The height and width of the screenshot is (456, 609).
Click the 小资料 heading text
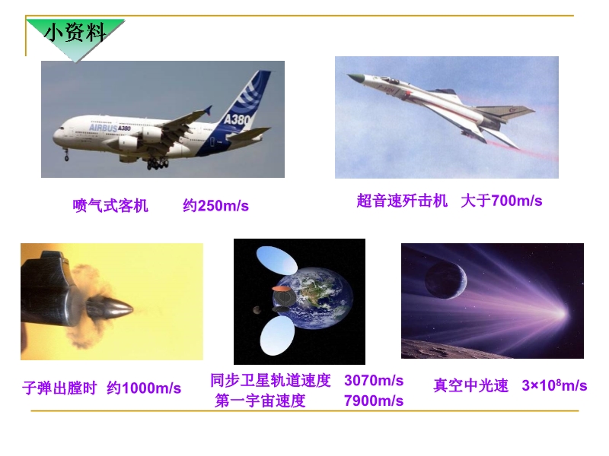[75, 32]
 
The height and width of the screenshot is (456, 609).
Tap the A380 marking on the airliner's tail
[237, 118]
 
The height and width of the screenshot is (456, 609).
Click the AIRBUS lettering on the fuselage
[103, 128]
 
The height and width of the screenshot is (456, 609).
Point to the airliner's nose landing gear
[66, 155]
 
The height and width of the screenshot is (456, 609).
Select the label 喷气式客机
[110, 205]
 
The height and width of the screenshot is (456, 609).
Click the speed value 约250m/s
[215, 205]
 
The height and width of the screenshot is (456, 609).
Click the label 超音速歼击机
[402, 201]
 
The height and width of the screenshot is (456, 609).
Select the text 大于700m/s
[502, 201]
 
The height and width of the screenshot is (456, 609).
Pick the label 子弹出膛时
[59, 388]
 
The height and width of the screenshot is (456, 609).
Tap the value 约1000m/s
[144, 388]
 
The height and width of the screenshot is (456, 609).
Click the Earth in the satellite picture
[316, 297]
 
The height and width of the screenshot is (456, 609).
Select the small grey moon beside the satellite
[257, 310]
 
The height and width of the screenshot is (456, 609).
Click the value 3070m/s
[374, 381]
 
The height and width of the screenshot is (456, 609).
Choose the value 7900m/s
[374, 401]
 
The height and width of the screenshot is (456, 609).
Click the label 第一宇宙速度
[260, 401]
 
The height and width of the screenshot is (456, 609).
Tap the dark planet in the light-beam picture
[445, 280]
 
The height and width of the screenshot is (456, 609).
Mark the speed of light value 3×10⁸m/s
[554, 385]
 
